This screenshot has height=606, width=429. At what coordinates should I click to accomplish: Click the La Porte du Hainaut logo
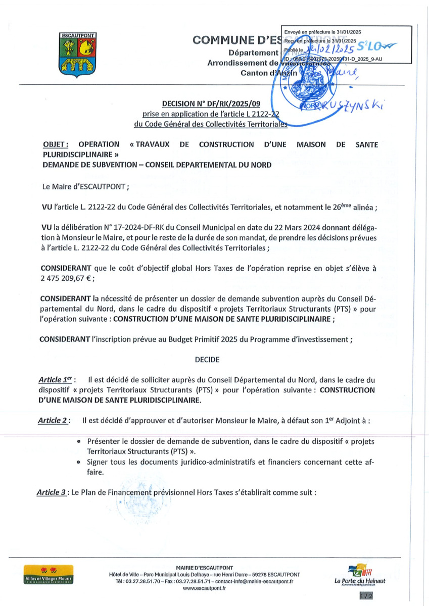(x=360, y=576)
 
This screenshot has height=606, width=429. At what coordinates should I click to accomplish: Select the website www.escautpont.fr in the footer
(x=204, y=588)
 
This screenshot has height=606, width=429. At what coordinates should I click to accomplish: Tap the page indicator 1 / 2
(x=366, y=596)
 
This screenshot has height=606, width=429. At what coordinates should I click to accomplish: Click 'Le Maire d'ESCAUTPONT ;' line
(x=86, y=186)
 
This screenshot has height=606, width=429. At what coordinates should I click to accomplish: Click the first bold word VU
(x=47, y=207)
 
